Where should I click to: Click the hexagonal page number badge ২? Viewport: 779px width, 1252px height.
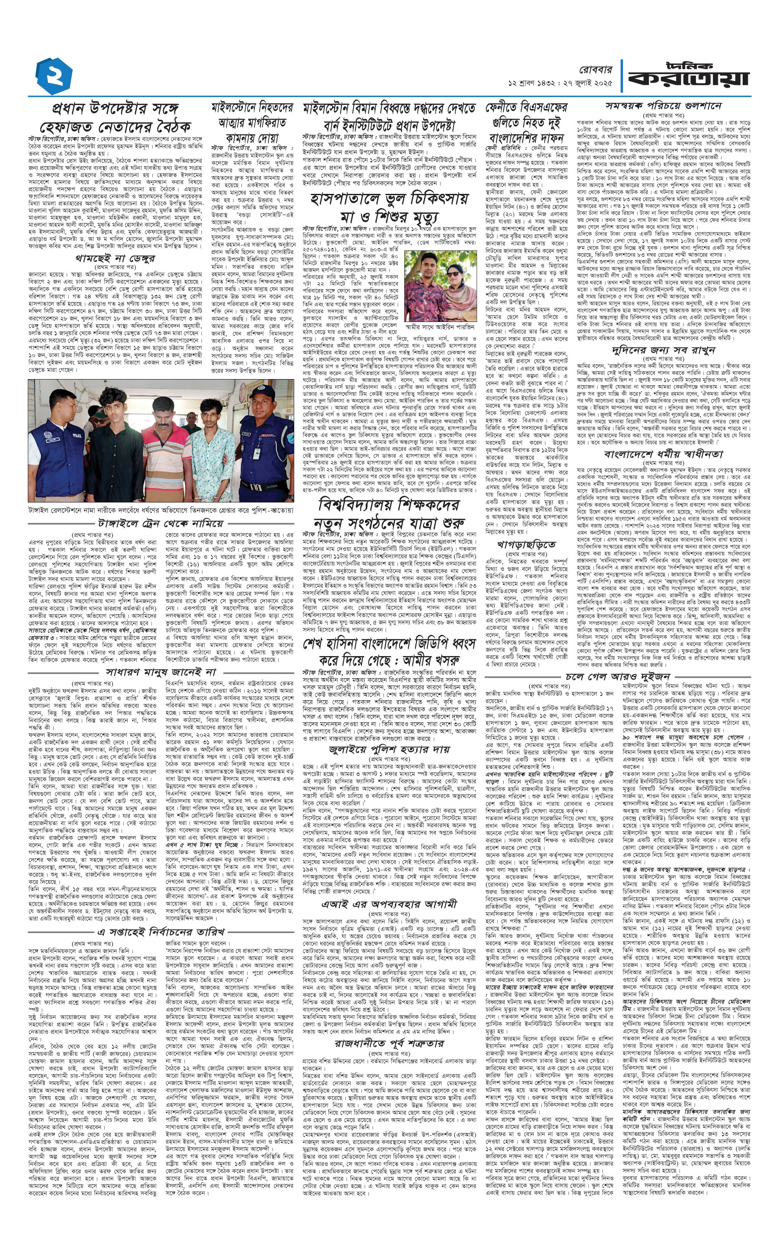tap(54, 76)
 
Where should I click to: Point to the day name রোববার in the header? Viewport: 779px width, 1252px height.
tap(596, 70)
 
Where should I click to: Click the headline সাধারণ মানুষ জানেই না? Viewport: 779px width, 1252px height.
tap(161, 672)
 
